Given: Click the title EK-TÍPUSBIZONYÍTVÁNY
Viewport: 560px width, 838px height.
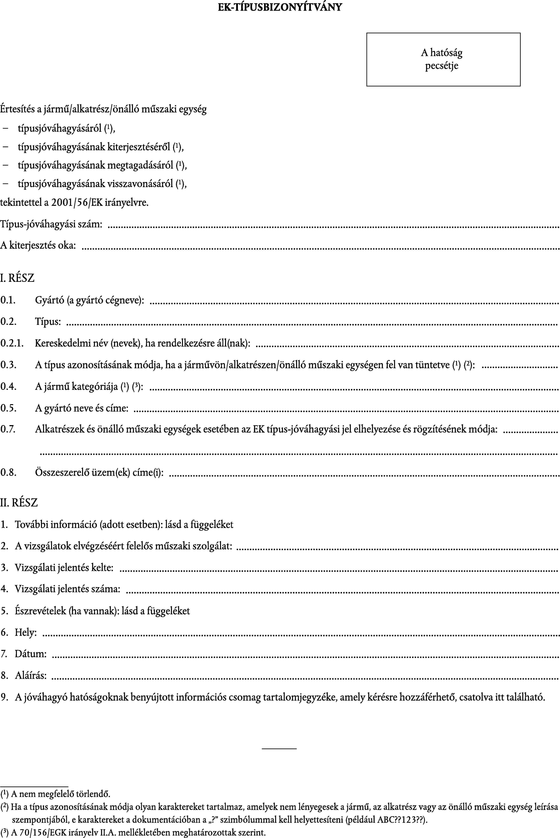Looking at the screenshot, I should [x=280, y=7].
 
